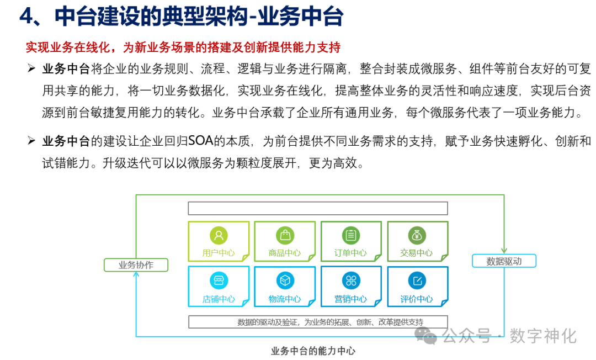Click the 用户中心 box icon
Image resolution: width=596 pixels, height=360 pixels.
tap(219, 236)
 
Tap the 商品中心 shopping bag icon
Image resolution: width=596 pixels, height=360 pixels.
tap(285, 236)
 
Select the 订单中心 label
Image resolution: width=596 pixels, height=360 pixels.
tap(350, 253)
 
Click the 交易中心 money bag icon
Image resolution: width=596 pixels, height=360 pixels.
tap(417, 236)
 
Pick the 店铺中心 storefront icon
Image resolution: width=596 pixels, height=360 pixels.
tap(219, 280)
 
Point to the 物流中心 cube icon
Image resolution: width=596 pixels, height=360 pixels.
tap(285, 280)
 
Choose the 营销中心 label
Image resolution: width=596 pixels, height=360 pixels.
tap(350, 299)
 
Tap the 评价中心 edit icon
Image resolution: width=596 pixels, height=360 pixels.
tap(417, 280)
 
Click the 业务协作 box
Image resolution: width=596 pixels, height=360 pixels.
tap(136, 265)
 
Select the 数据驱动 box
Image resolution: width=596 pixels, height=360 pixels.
tap(504, 261)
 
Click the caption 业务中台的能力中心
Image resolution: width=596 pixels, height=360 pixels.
tap(313, 351)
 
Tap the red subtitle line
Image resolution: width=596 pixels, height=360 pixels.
tap(183, 47)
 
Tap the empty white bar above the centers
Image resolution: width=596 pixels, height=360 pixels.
tap(317, 208)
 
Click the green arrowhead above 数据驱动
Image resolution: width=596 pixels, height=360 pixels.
tap(504, 251)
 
